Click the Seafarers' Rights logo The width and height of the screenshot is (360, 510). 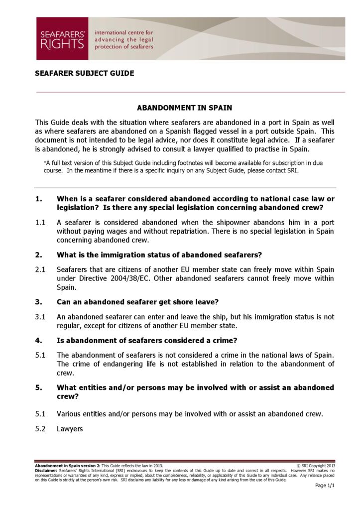[x=62, y=38]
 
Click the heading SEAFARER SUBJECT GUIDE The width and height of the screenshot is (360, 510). [x=84, y=73]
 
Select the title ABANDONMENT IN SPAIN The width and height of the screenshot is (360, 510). [x=184, y=108]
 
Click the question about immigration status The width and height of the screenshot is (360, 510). [x=159, y=255]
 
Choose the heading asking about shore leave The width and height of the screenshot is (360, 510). [x=137, y=302]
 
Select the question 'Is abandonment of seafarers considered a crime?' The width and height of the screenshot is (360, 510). [x=147, y=341]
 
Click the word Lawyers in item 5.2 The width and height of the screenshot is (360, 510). [x=70, y=428]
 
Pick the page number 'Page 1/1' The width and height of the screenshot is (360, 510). [x=325, y=486]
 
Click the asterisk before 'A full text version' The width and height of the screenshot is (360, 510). [x=45, y=162]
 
